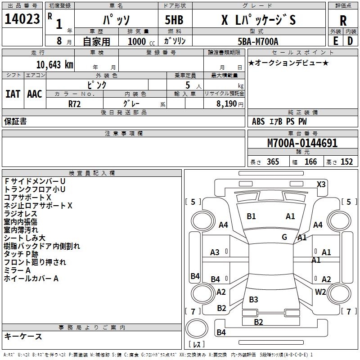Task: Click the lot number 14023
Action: click(22, 21)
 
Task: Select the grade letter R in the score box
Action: click(343, 21)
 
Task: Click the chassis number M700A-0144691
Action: click(302, 144)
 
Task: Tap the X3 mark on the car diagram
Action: click(321, 184)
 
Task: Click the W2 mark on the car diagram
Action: click(320, 292)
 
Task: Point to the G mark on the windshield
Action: click(284, 237)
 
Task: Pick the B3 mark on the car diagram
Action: click(253, 299)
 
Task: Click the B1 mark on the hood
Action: click(251, 216)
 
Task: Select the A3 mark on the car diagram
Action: click(215, 252)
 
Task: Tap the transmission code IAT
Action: click(13, 94)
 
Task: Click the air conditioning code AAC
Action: click(35, 94)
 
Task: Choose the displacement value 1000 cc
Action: click(137, 41)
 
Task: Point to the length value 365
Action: click(272, 162)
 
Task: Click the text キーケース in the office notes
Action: click(23, 337)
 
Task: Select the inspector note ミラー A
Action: click(18, 270)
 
